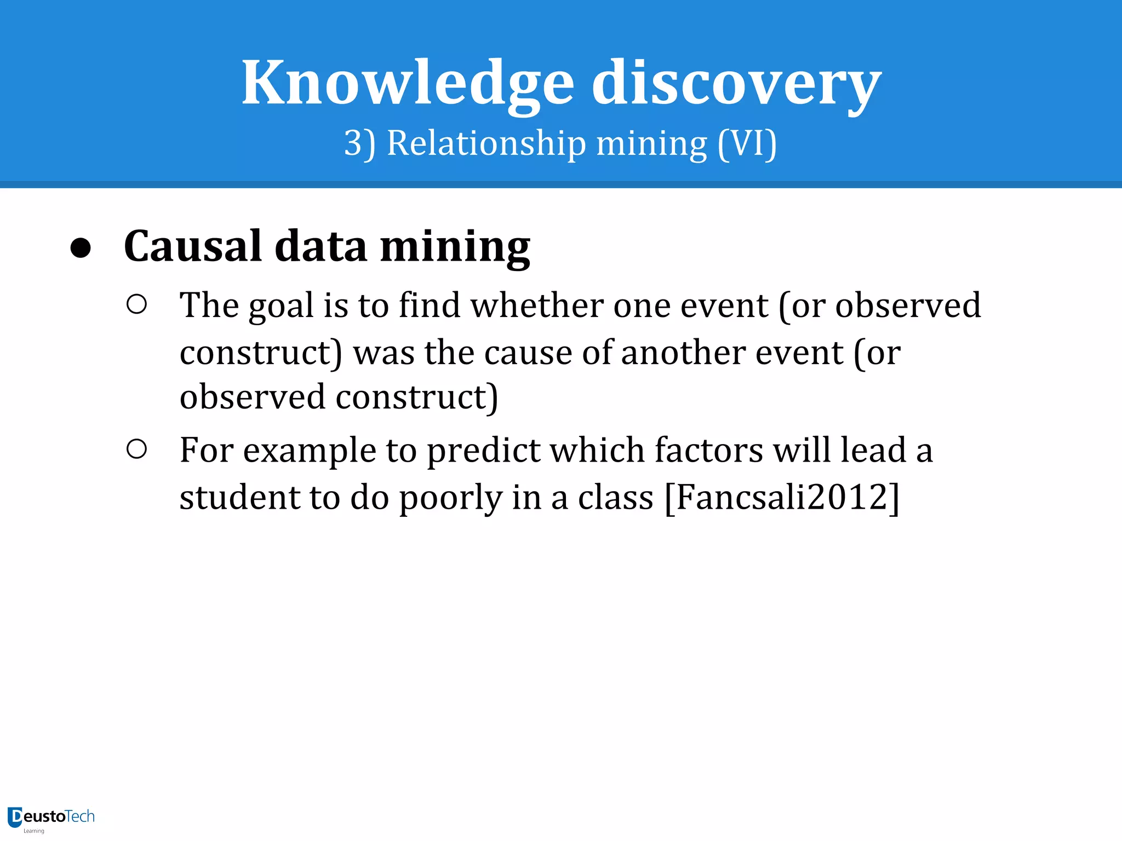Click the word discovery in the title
tap(736, 83)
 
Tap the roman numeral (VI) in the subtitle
tap(747, 143)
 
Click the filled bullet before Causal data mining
tap(81, 248)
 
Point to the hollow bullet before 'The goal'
tap(136, 304)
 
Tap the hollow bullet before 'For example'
tap(136, 449)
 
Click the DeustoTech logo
tap(51, 818)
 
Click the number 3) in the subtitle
tap(360, 143)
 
